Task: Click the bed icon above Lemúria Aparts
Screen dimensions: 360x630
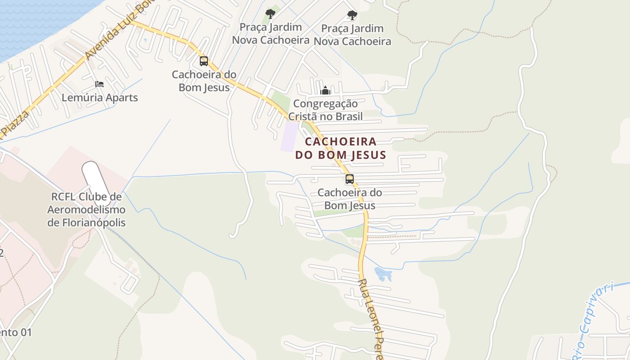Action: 99,84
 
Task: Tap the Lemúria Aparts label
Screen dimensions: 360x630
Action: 99,98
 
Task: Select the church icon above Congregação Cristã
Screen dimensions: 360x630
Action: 325,91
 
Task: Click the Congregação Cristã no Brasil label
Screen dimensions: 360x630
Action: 325,110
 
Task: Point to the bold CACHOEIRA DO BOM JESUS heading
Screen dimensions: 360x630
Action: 341,148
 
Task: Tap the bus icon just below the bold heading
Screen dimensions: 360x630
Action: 350,179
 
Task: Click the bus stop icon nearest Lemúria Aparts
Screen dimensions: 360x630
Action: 204,61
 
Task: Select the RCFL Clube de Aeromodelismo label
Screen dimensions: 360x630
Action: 86,210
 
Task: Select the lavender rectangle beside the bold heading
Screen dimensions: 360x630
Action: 290,136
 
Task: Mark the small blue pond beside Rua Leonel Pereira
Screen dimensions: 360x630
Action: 383,274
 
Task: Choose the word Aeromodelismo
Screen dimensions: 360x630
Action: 86,210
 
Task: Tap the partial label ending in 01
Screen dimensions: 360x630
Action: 16,333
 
